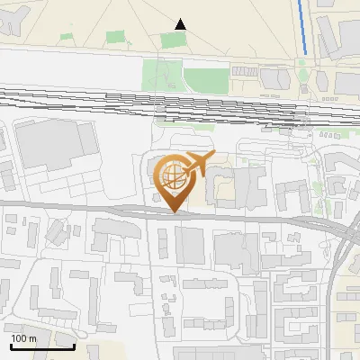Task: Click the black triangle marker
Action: tap(181, 23)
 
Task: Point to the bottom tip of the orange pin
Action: tap(175, 212)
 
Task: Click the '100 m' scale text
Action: tap(23, 339)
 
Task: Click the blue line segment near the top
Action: tap(304, 27)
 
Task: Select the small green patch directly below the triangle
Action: tap(171, 40)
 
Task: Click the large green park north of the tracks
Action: tap(180, 67)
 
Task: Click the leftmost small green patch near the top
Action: tap(66, 38)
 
